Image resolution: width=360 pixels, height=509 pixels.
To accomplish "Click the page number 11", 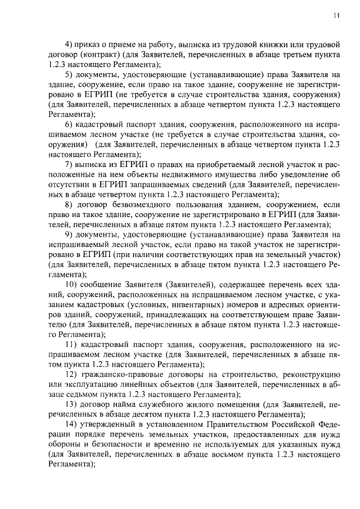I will click(x=336, y=16).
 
